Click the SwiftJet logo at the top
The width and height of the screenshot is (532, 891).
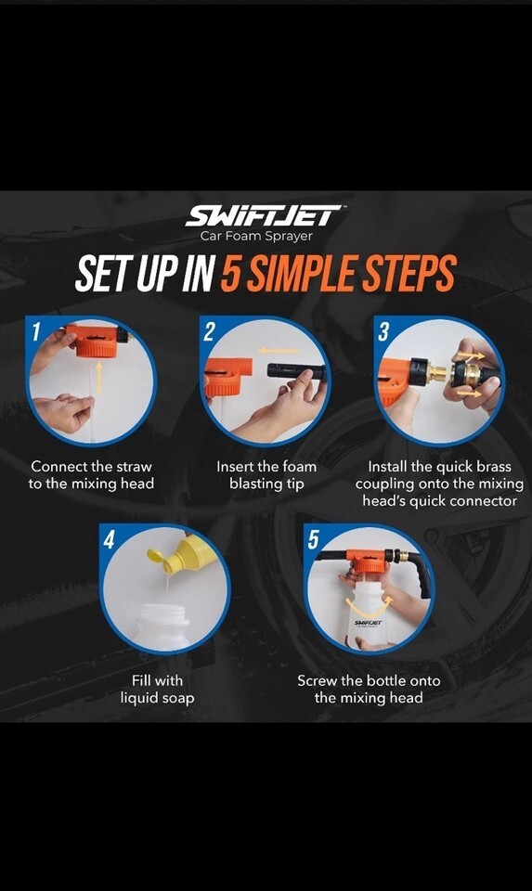pos(263,215)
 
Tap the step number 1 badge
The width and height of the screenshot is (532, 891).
pos(36,331)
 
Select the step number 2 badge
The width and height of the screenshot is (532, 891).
pos(210,331)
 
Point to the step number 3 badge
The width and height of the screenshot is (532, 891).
pos(383,331)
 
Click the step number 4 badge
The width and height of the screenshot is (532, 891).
pos(110,538)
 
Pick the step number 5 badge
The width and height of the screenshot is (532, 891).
pos(314,538)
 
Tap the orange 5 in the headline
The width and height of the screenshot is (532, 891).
pos(230,273)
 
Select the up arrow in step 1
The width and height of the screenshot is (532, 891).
pos(99,378)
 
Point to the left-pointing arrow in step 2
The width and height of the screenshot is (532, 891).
pos(278,351)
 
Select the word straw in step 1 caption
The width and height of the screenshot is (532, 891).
pos(134,467)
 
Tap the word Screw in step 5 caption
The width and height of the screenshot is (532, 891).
pos(317,680)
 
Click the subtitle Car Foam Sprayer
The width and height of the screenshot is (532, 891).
pos(256,236)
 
